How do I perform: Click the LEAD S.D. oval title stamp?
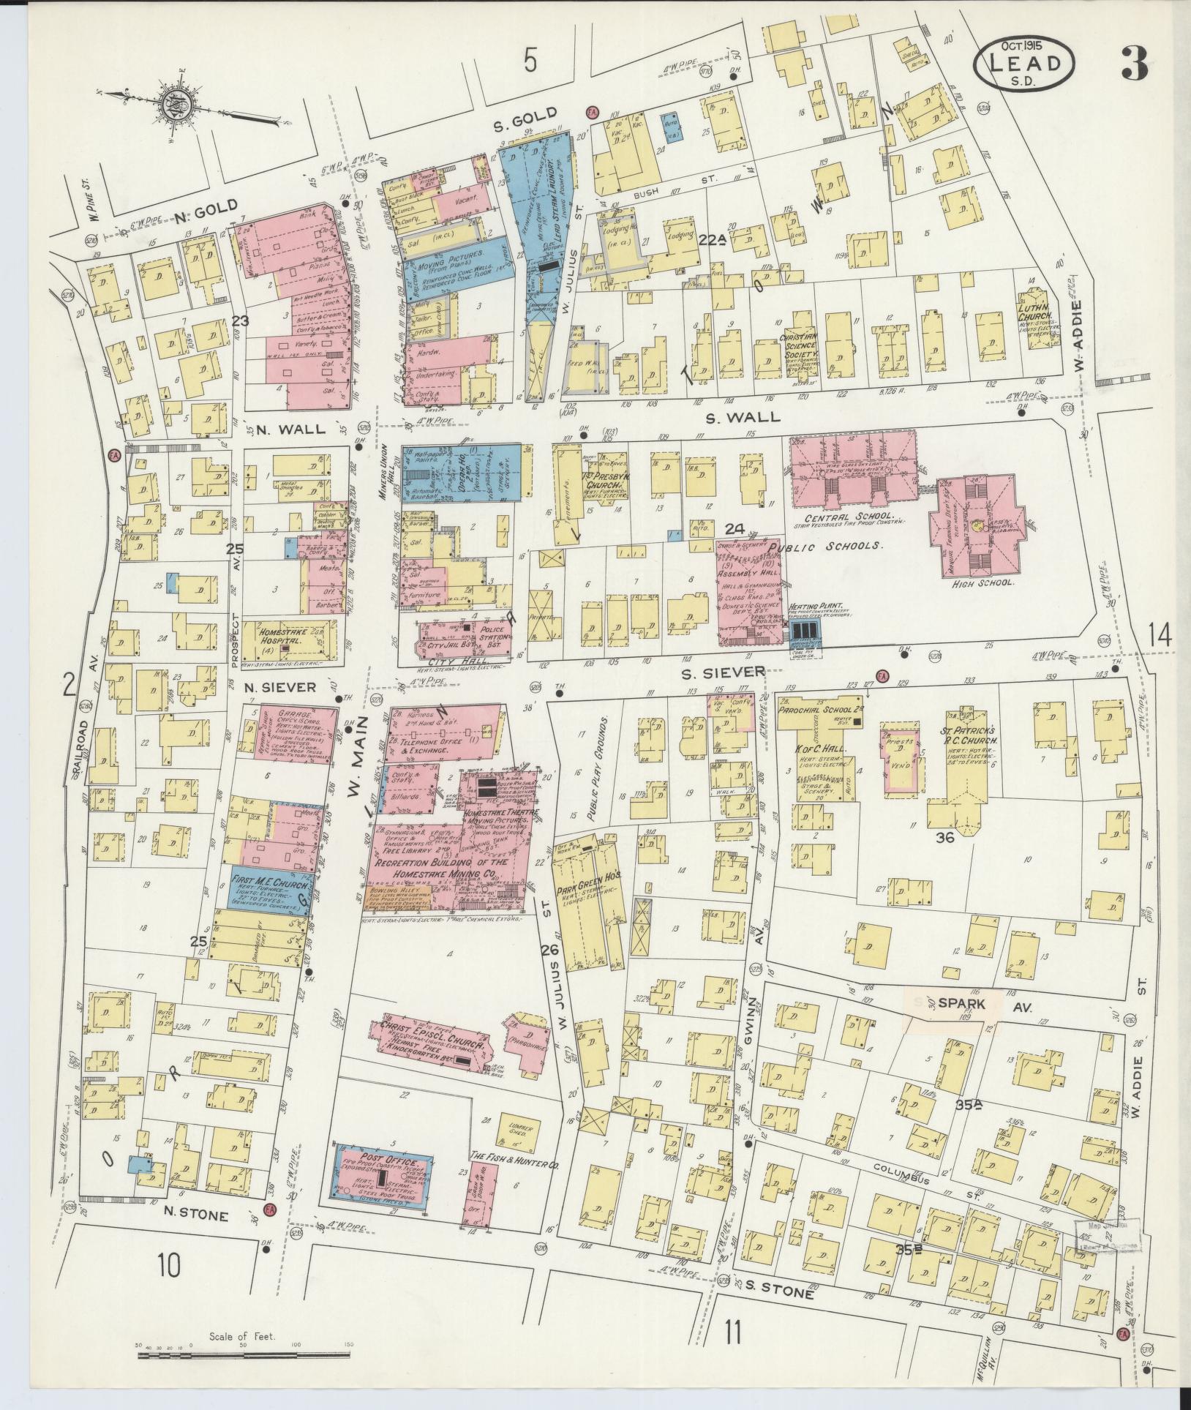[x=1024, y=64]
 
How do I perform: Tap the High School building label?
[x=975, y=584]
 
